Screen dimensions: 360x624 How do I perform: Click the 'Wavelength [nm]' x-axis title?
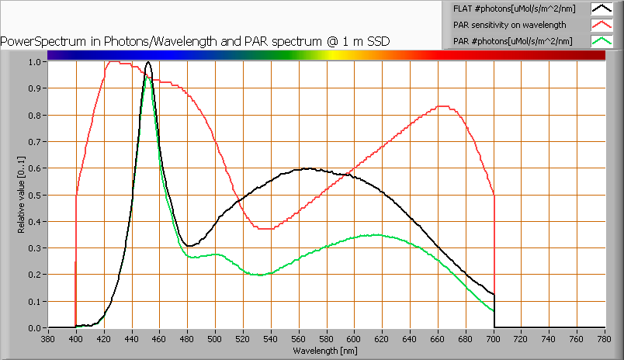tap(326, 351)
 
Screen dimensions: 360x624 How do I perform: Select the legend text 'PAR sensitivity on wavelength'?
tap(504, 25)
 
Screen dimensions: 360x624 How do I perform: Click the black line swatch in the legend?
tap(601, 9)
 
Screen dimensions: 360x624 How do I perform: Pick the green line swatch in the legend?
tap(601, 41)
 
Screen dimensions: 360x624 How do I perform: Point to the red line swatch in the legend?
tap(601, 25)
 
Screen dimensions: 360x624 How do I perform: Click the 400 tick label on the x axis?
tap(75, 339)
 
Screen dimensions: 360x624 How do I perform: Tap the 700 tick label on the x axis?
tap(494, 339)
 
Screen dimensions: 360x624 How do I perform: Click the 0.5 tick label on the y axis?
tap(36, 195)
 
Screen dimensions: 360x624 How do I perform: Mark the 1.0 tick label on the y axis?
tap(36, 62)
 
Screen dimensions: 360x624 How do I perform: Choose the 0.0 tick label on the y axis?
tap(36, 328)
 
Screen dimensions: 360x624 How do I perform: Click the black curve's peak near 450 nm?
tap(148, 62)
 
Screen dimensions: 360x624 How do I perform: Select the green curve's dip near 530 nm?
tap(259, 275)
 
